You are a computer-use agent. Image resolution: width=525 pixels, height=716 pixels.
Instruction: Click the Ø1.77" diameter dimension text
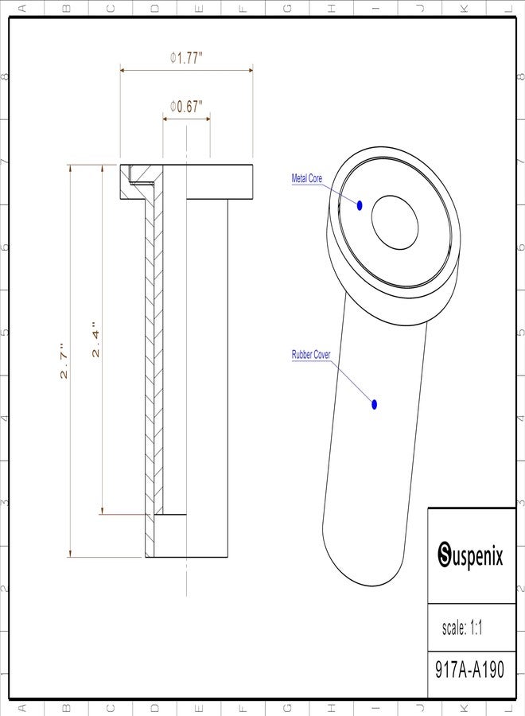point(186,58)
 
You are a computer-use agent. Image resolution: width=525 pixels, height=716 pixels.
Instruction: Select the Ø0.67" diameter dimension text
point(186,107)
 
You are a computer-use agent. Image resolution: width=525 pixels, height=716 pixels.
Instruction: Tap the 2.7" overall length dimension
point(64,360)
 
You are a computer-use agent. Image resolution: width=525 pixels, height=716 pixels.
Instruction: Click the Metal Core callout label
point(307,178)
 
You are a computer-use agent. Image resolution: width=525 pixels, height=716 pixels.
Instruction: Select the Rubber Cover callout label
point(311,354)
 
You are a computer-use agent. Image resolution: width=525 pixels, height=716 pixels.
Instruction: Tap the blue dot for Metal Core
point(360,205)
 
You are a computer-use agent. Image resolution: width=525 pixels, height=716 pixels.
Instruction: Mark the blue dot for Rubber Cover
point(375,404)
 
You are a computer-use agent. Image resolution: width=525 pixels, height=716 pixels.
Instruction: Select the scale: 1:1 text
point(462,628)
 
